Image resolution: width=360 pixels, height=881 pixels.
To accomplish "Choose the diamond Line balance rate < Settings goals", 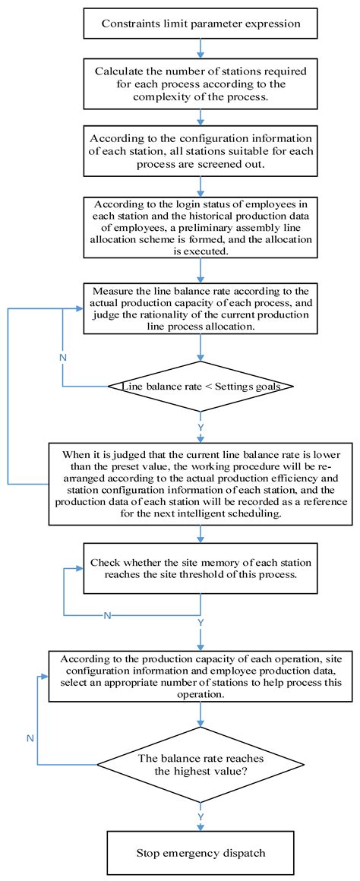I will (x=201, y=387).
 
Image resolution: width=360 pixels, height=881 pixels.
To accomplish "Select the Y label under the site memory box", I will (x=201, y=622).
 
